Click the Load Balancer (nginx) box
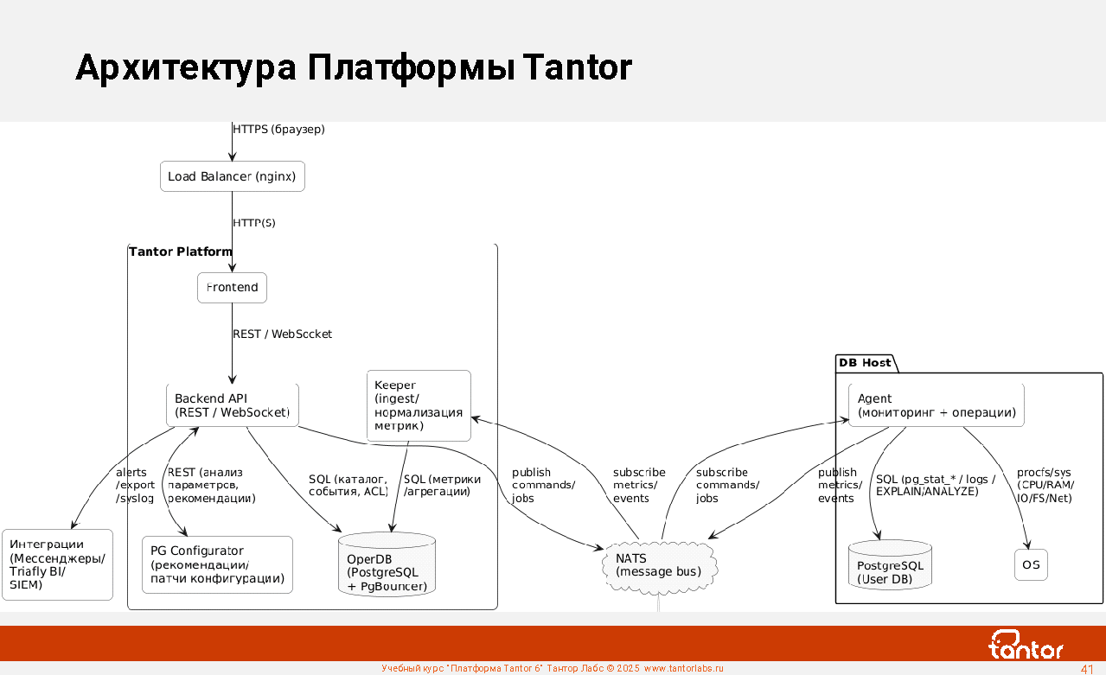coord(232,176)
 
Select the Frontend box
coord(232,288)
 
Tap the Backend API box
coord(232,405)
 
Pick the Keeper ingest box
coord(419,405)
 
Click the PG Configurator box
coord(217,564)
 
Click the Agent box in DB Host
coord(936,405)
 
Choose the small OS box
coord(1031,565)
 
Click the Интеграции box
coord(57,564)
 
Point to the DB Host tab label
coord(865,363)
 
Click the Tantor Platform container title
coord(181,252)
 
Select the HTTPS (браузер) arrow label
coord(278,130)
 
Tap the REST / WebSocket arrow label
coord(282,334)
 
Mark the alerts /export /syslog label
coord(134,485)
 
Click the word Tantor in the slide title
coord(577,67)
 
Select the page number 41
coord(1087,669)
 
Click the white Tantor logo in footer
coord(1026,644)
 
